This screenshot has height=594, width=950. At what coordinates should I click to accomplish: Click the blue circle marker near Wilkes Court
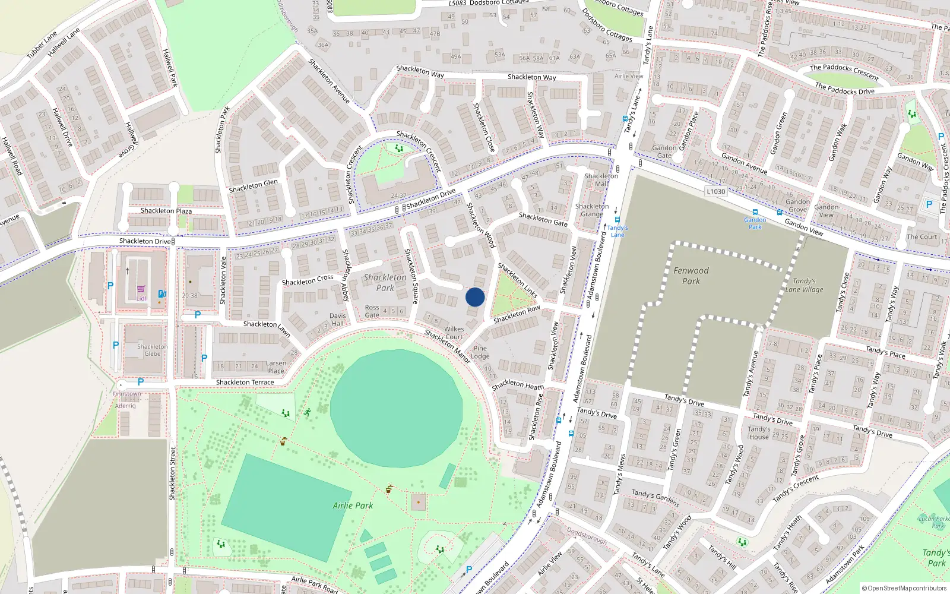475,297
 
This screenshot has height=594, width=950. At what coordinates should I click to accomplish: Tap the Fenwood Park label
691,276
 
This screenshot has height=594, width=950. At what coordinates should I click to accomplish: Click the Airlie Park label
353,505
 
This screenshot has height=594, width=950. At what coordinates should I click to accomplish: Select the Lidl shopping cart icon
141,290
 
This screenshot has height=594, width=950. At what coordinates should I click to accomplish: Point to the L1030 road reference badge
716,191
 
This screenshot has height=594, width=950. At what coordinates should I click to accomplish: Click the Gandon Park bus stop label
755,223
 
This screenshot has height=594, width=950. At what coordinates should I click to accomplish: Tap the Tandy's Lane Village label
804,285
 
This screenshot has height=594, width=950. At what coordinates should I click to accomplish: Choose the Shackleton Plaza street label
166,211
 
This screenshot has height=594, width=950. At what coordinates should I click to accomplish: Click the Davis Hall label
338,320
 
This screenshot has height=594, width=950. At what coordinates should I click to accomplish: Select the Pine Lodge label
480,352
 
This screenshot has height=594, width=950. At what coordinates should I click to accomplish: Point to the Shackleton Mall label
601,179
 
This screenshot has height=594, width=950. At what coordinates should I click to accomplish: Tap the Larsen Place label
276,367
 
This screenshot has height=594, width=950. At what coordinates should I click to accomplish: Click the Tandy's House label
759,432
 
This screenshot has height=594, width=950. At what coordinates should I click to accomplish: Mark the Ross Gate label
372,311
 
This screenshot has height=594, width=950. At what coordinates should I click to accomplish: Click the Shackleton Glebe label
153,350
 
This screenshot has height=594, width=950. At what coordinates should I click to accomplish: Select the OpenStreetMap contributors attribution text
904,588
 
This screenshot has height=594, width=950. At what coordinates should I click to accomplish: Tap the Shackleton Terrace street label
245,383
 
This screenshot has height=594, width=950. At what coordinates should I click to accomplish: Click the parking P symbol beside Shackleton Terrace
141,382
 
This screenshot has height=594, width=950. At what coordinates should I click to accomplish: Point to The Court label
921,236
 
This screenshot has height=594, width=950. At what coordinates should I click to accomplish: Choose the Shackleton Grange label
592,210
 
